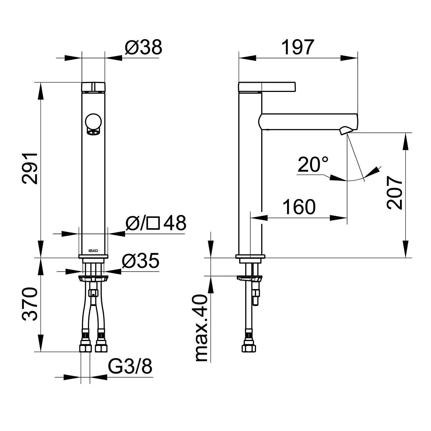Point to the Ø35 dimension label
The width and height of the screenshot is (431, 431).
(x=141, y=261)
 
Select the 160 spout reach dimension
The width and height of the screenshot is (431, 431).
(x=299, y=207)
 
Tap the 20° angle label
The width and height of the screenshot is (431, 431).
(x=313, y=164)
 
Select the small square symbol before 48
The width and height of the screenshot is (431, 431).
(x=153, y=223)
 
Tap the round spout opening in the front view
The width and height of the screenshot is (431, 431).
(x=93, y=121)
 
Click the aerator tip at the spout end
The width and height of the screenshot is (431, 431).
(x=345, y=131)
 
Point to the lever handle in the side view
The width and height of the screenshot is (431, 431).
(x=267, y=86)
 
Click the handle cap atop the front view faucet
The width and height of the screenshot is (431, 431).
(x=93, y=86)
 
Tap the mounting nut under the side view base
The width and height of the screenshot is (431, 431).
(x=249, y=278)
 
